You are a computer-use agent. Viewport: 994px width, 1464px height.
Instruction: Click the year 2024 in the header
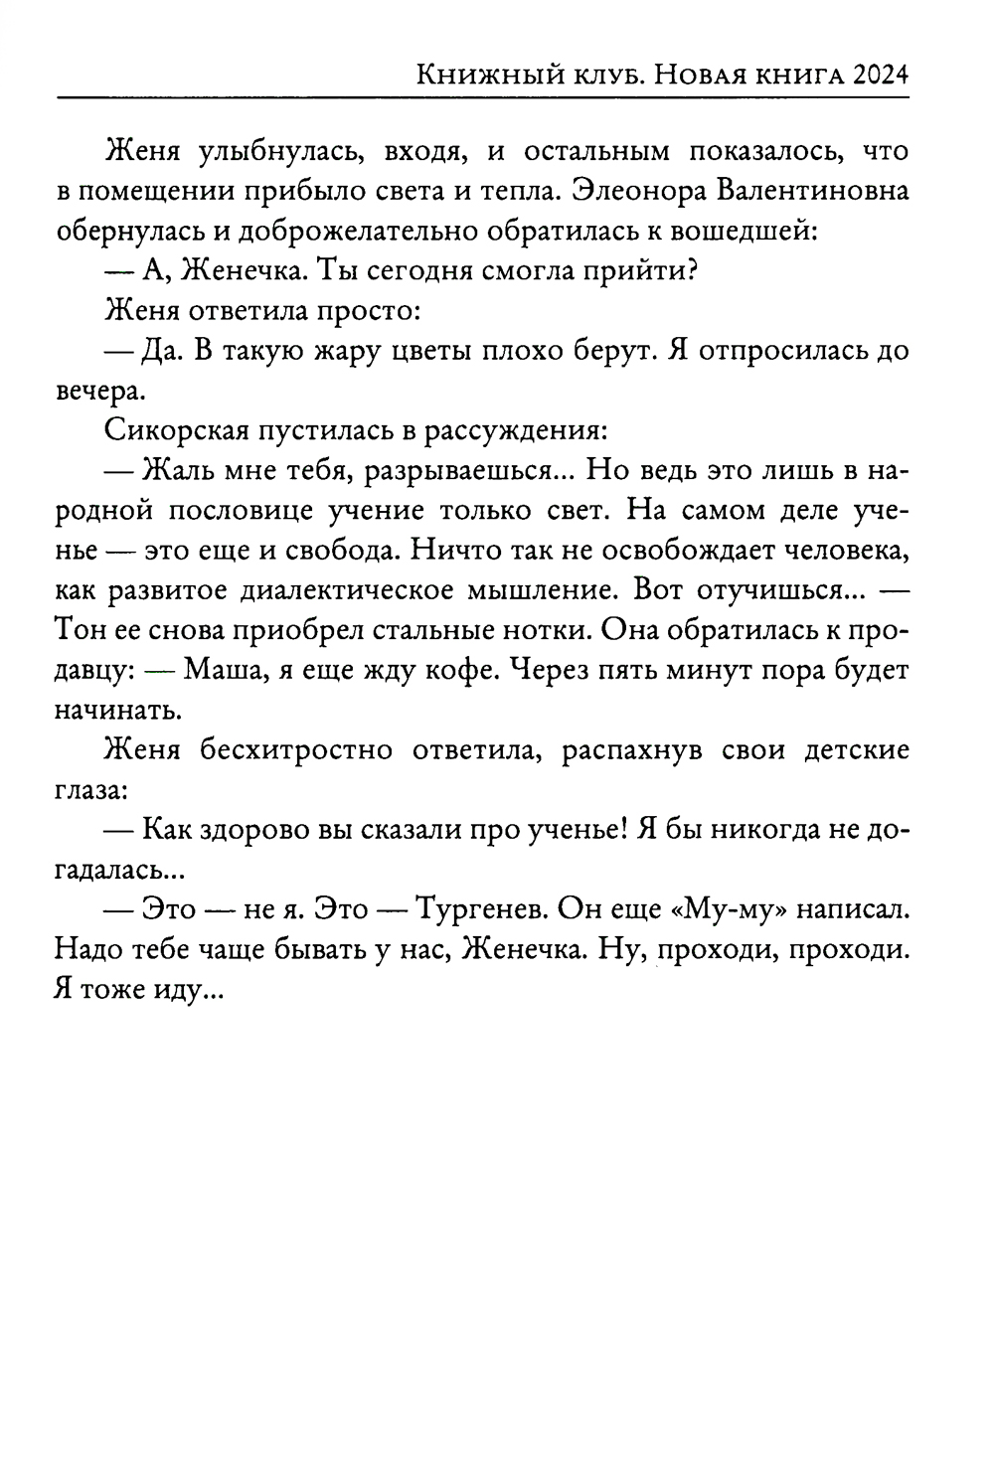pyautogui.click(x=881, y=77)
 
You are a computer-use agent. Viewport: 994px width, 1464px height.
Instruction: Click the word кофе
pyautogui.click(x=460, y=670)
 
